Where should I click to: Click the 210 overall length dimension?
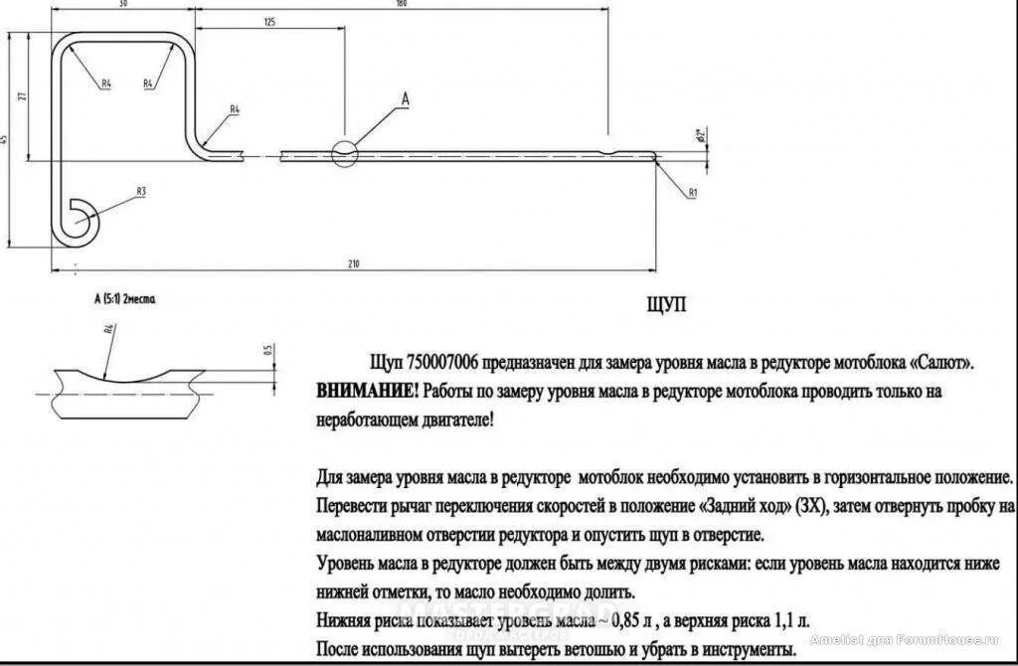pos(353,263)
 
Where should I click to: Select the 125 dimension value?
pos(269,21)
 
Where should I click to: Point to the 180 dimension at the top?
pos(402,3)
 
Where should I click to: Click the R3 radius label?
pos(141,191)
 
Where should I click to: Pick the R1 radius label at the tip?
pos(694,190)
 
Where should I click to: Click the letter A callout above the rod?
pos(405,97)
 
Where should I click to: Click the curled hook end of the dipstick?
pos(78,220)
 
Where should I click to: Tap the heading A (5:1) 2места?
pos(125,298)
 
